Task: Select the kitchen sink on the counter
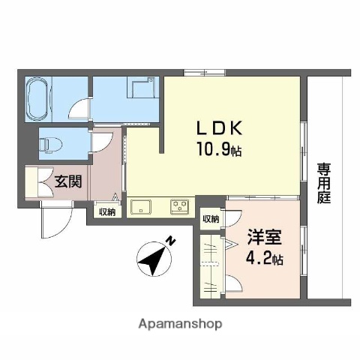click(141, 205)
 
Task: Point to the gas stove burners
click(180, 205)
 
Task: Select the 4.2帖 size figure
click(265, 260)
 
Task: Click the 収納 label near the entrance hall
click(106, 212)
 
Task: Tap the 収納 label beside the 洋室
click(211, 219)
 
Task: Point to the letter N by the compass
click(172, 241)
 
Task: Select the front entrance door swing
click(55, 219)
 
